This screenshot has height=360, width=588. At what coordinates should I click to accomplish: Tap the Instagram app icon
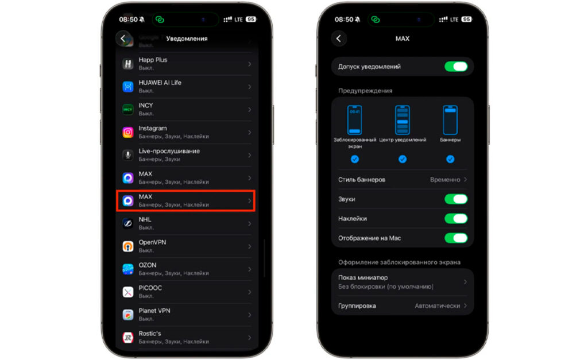click(x=128, y=133)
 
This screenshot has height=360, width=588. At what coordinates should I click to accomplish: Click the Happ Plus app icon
click(x=128, y=64)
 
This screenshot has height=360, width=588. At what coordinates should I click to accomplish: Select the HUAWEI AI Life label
click(x=160, y=83)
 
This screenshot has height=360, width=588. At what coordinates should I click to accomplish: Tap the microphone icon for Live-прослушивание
click(x=128, y=155)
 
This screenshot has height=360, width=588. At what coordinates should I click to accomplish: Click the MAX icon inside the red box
click(x=128, y=201)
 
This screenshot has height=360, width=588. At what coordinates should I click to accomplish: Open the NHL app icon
click(x=128, y=223)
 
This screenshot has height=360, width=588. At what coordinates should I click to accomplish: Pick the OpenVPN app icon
click(x=128, y=246)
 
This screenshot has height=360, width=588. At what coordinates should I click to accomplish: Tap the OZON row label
click(x=148, y=265)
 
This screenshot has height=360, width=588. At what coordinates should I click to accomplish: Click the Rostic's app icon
click(x=128, y=338)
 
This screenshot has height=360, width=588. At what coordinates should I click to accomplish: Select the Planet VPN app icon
click(x=128, y=315)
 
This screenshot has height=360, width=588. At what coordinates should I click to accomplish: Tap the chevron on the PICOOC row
click(x=250, y=292)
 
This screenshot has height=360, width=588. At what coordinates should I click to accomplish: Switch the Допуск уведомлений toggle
click(x=456, y=67)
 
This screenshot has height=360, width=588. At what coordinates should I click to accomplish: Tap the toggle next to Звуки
click(x=456, y=199)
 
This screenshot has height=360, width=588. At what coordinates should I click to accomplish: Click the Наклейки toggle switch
click(x=456, y=219)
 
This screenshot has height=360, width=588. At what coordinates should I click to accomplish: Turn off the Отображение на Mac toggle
click(x=456, y=238)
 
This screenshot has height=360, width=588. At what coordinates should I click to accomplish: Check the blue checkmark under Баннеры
click(x=450, y=160)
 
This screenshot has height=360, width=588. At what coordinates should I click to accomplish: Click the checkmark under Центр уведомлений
click(x=403, y=160)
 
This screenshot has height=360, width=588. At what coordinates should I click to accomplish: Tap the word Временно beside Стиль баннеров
click(x=445, y=180)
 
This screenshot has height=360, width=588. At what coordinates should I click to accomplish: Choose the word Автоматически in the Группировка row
click(x=437, y=306)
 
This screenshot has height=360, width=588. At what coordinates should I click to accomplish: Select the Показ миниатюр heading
click(x=363, y=278)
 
